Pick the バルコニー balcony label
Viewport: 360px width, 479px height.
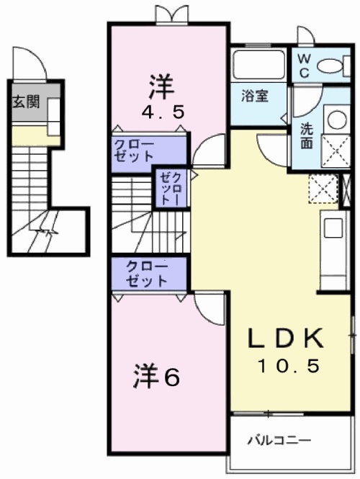click(281, 439)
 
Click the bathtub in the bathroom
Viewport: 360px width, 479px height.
click(258, 66)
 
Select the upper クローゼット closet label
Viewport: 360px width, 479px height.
click(133, 150)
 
